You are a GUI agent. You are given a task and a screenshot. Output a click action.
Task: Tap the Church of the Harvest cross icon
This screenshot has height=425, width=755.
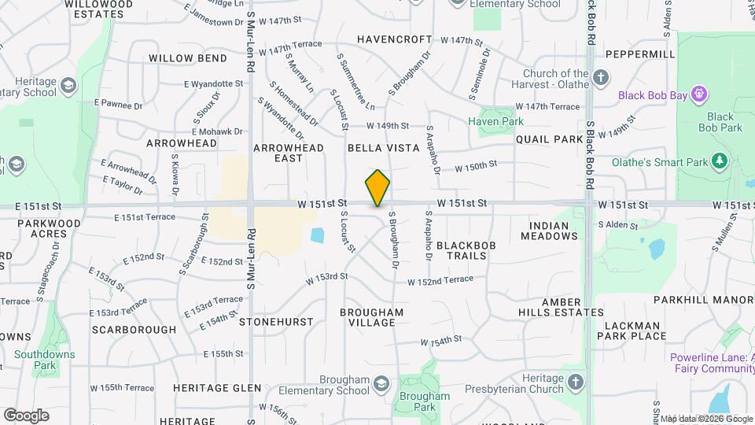click(x=601, y=77)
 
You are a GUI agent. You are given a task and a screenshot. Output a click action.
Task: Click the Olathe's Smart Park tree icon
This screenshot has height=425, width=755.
click(x=718, y=162)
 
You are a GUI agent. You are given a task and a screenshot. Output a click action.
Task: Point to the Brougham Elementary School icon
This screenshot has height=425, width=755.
click(x=381, y=384)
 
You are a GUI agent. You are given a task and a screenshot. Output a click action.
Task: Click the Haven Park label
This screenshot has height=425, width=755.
click(x=495, y=121)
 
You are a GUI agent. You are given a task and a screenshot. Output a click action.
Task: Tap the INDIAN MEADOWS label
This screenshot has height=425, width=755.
click(x=549, y=231)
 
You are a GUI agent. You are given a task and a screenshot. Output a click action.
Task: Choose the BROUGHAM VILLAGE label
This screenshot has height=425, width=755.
click(x=372, y=317)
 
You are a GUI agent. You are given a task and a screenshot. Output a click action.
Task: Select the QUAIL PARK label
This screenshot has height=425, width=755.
click(x=550, y=139)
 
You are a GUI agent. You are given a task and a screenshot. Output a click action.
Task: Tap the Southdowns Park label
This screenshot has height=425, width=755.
click(x=45, y=360)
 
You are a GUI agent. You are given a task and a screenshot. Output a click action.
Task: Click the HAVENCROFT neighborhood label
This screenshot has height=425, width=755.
click(x=394, y=39)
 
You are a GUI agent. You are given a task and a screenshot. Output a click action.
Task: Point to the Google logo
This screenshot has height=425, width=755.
click(x=26, y=415)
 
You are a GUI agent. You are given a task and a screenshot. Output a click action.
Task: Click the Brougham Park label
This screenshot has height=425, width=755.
click(x=425, y=401)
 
